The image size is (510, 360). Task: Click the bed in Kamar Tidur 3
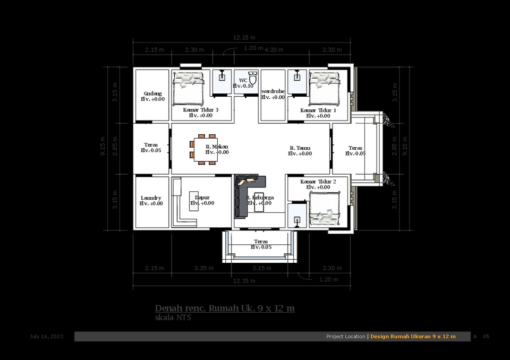pyautogui.click(x=188, y=88)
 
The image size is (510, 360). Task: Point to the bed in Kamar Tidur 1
pyautogui.click(x=324, y=88)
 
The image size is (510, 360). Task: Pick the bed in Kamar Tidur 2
pyautogui.click(x=324, y=208)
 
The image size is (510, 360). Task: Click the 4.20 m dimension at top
pyautogui.click(x=274, y=50)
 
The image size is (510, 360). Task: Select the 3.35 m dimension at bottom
pyautogui.click(x=203, y=268)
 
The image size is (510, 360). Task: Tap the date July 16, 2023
pyautogui.click(x=46, y=337)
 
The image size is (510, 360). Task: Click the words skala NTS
pyautogui.click(x=173, y=318)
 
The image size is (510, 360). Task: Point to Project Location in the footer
pyautogui.click(x=345, y=337)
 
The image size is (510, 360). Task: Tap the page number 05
pyautogui.click(x=486, y=337)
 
